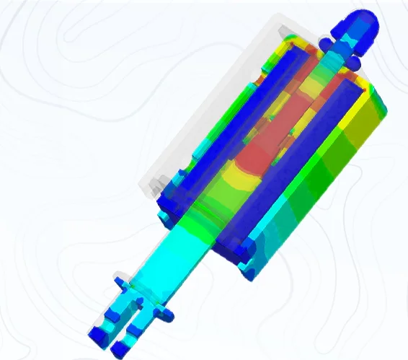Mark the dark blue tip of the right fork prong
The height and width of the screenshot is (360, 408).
[x=118, y=347]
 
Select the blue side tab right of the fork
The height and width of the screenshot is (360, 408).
[x=164, y=314]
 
